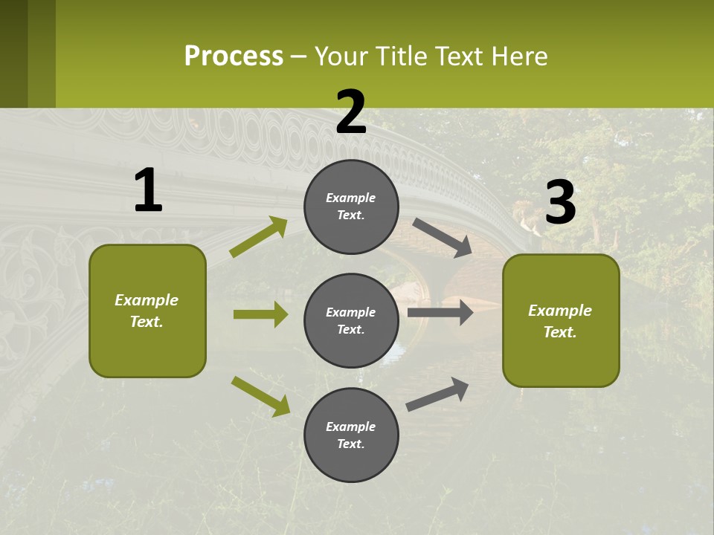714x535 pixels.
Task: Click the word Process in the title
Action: tap(234, 56)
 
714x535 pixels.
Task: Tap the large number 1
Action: tap(148, 191)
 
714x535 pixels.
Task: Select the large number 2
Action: tap(351, 112)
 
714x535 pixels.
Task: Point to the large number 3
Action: tap(561, 203)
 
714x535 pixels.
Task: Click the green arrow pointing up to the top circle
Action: tap(258, 237)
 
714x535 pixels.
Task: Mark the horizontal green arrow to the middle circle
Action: tap(260, 314)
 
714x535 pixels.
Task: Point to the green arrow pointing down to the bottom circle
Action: tap(260, 395)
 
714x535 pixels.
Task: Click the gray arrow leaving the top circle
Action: tap(442, 238)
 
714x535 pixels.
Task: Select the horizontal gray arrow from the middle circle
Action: tap(440, 313)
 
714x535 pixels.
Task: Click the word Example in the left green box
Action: tap(147, 300)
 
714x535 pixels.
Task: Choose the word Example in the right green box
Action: tap(560, 311)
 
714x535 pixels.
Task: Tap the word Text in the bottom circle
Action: tap(350, 444)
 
